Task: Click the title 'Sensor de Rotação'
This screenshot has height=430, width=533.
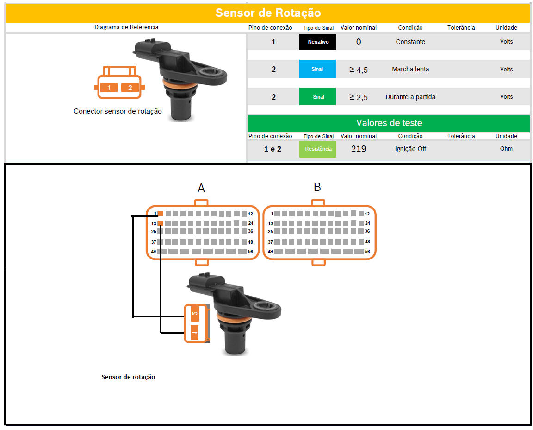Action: pyautogui.click(x=268, y=13)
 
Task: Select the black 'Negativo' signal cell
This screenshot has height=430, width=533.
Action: pyautogui.click(x=317, y=42)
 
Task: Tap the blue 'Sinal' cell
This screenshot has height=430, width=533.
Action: pyautogui.click(x=317, y=69)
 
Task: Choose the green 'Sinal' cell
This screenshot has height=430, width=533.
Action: pyautogui.click(x=317, y=96)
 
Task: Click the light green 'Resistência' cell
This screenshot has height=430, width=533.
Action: pyautogui.click(x=317, y=149)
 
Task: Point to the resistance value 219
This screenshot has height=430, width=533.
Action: pyautogui.click(x=359, y=149)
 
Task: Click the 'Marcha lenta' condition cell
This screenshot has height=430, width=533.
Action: pyautogui.click(x=410, y=69)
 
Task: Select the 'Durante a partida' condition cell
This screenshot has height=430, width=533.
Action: pyautogui.click(x=410, y=97)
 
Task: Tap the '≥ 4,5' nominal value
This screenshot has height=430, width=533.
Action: pyautogui.click(x=359, y=70)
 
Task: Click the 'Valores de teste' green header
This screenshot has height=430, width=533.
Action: pyautogui.click(x=389, y=123)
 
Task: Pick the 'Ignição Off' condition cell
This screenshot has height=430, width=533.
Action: pyautogui.click(x=410, y=149)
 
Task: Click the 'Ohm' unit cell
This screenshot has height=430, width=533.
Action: pyautogui.click(x=506, y=148)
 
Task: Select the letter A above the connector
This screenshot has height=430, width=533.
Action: pyautogui.click(x=201, y=188)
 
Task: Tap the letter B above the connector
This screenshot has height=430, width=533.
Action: pyautogui.click(x=317, y=187)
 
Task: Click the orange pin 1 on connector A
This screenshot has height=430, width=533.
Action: pyautogui.click(x=161, y=214)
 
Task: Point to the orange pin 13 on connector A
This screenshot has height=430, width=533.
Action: pyautogui.click(x=161, y=223)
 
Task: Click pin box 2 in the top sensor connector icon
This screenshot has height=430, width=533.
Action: pyautogui.click(x=130, y=88)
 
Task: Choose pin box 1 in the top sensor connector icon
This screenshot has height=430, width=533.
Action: pyautogui.click(x=109, y=88)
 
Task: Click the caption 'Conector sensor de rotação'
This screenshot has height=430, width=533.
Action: pyautogui.click(x=118, y=111)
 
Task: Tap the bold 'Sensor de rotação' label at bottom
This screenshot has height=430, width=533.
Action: pyautogui.click(x=128, y=377)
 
